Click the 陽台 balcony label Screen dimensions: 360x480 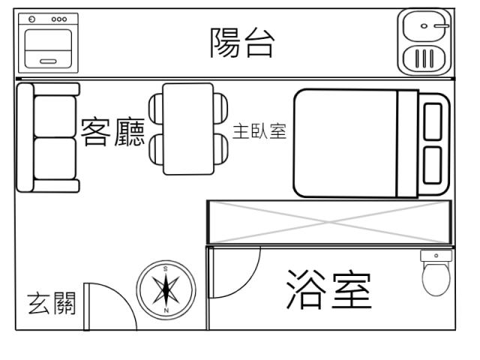click(x=241, y=44)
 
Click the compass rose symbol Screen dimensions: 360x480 click(x=166, y=289)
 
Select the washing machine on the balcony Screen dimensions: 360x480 click(x=49, y=43)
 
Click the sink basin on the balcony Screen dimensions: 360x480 click(x=425, y=27)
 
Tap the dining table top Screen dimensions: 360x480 click(x=187, y=129)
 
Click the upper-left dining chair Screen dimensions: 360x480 click(x=154, y=108)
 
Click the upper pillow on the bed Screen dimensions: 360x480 click(x=433, y=121)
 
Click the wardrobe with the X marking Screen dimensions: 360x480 click(x=330, y=222)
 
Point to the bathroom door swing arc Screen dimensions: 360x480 click(x=244, y=270)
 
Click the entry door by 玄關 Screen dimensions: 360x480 click(x=105, y=304)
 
